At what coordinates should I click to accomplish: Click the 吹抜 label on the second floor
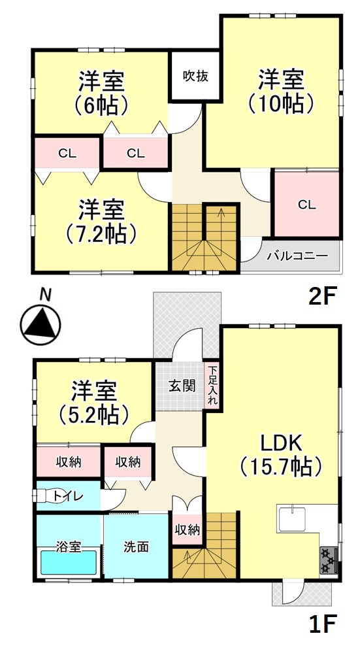(195, 77)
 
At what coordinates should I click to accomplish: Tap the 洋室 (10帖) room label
(281, 91)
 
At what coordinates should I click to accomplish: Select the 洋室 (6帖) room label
(102, 93)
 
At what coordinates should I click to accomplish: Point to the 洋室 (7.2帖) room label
(102, 222)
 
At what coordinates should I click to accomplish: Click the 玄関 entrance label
(182, 385)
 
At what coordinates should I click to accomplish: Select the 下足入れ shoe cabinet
(212, 385)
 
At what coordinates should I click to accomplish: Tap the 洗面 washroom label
(136, 546)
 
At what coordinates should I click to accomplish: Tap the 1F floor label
(322, 626)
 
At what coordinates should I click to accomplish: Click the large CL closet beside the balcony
(306, 204)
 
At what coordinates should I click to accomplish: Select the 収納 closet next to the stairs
(187, 529)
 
